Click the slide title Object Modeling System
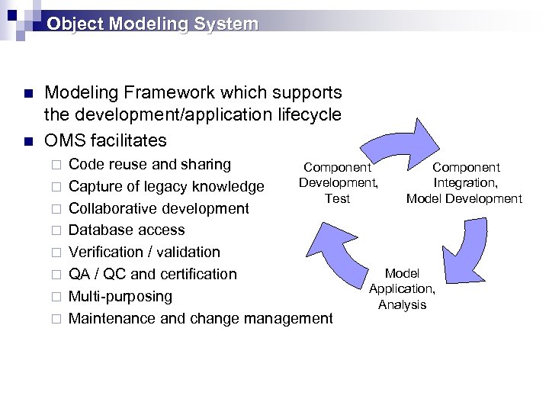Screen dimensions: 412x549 [x=152, y=24]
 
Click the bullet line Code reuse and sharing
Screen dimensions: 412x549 [x=149, y=164]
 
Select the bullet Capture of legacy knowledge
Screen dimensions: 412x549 [x=166, y=186]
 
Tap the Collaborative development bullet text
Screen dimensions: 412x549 [x=159, y=208]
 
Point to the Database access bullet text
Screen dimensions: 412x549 [x=127, y=230]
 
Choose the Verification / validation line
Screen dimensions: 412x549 [x=144, y=252]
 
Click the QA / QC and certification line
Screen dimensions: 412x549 [x=152, y=274]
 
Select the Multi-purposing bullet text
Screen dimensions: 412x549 [x=120, y=296]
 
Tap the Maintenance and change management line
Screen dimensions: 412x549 [x=201, y=318]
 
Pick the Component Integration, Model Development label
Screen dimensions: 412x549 [x=464, y=183]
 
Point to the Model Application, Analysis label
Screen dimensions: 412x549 [x=402, y=288]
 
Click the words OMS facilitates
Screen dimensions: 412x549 [x=105, y=140]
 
